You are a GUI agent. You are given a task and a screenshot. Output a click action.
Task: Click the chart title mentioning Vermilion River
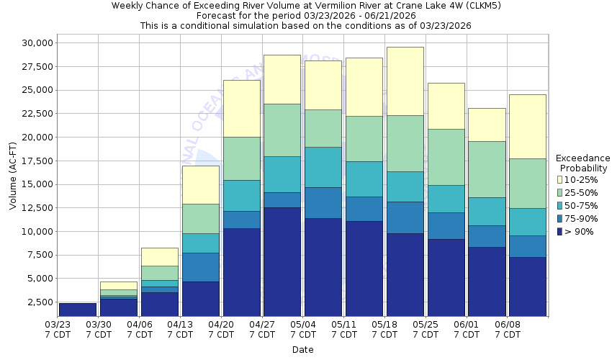click(x=305, y=6)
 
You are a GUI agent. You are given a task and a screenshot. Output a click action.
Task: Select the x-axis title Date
click(x=302, y=349)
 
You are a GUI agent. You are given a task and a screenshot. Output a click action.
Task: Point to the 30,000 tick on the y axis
click(x=34, y=43)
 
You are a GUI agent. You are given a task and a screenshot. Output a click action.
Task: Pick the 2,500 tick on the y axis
click(x=37, y=302)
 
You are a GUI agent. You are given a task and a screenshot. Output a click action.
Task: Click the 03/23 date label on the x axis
click(x=58, y=325)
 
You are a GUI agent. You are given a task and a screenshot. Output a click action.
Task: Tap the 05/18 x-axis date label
click(x=384, y=325)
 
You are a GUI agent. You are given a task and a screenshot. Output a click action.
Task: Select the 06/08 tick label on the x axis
click(x=508, y=325)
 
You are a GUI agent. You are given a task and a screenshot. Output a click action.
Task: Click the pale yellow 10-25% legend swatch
click(x=559, y=179)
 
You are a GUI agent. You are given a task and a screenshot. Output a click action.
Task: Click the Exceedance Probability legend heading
click(x=582, y=163)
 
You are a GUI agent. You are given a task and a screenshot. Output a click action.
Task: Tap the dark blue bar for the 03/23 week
click(x=77, y=310)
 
